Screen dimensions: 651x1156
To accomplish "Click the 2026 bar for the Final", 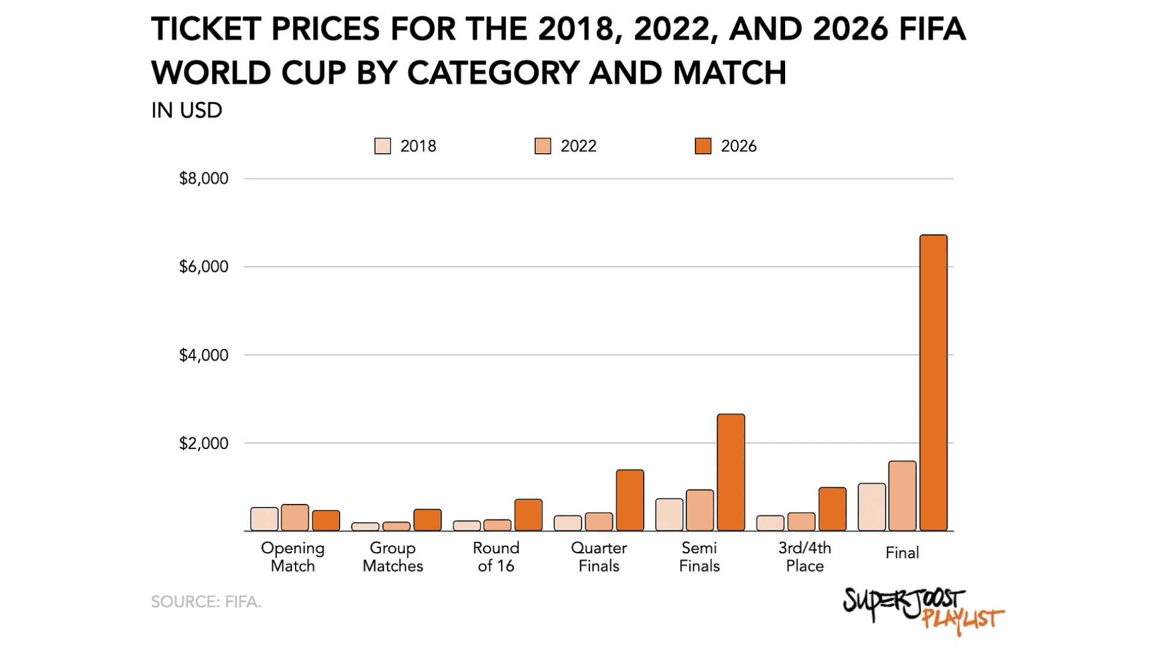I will (x=933, y=383).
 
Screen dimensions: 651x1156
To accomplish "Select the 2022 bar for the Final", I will (x=902, y=496).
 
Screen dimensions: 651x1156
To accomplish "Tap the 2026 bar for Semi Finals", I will (x=731, y=473).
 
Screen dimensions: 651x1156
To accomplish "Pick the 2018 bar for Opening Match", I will (x=264, y=519).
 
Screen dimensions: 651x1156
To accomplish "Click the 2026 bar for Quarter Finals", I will (x=630, y=500).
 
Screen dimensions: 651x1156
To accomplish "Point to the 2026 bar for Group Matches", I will (x=427, y=520).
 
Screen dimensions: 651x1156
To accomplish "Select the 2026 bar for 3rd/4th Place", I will (x=832, y=509).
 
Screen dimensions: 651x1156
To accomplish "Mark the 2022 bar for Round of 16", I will (x=497, y=525).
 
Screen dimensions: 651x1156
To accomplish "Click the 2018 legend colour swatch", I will (x=382, y=146).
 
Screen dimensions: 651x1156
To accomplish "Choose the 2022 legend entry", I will (x=566, y=146).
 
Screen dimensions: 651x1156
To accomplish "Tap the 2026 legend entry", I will (x=726, y=146).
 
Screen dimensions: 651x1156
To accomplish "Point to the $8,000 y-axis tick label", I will (x=204, y=178).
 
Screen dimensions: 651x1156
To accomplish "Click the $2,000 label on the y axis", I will (x=204, y=444).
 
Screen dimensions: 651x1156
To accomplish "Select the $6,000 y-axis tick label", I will (x=204, y=266).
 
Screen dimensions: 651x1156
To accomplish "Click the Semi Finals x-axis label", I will (x=699, y=557).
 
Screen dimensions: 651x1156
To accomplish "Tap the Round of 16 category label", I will (x=496, y=557).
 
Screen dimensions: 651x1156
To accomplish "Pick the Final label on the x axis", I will (x=902, y=553).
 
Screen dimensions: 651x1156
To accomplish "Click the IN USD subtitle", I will (x=187, y=110).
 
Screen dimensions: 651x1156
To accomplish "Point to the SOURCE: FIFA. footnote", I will (x=206, y=602).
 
